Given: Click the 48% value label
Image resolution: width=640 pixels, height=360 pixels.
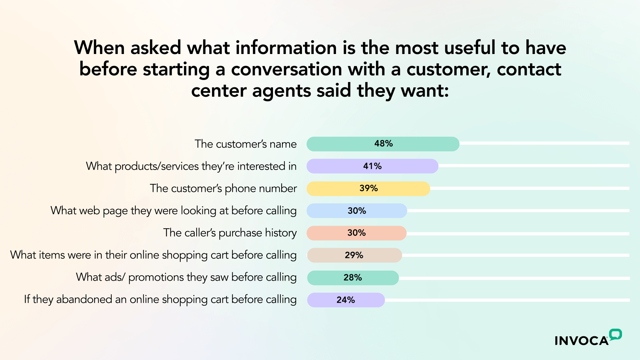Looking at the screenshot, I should (x=383, y=144).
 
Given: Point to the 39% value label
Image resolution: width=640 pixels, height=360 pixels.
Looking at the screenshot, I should (x=368, y=188).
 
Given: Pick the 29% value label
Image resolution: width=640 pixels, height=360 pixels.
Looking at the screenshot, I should (x=354, y=255).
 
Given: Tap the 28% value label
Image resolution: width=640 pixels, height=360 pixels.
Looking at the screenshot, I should (x=353, y=278).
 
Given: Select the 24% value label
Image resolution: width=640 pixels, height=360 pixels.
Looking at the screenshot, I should (x=346, y=300).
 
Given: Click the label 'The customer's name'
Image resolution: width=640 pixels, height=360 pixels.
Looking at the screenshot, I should (x=245, y=144).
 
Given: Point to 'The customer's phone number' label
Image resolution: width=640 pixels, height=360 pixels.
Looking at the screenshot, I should (x=223, y=188).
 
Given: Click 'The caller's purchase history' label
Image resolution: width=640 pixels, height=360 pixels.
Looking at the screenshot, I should (x=230, y=233).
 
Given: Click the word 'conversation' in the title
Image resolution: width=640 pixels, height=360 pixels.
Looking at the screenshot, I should (x=287, y=69).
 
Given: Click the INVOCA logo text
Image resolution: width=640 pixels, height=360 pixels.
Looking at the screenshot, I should (x=581, y=341).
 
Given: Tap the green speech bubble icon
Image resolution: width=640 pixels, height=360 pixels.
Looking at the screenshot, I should (x=615, y=334).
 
